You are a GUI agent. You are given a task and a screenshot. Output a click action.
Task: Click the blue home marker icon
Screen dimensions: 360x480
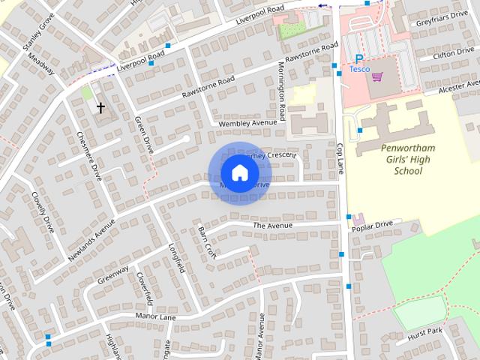[x=239, y=173]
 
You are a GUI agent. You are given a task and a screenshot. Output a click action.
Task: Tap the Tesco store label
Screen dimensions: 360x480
[x=359, y=69]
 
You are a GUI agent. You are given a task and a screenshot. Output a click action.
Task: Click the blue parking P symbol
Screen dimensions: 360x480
[x=359, y=58]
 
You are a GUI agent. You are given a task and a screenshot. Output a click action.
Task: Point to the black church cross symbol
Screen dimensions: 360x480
[x=100, y=107]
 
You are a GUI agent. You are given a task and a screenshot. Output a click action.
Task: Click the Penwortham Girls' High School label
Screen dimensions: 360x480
[x=407, y=159]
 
